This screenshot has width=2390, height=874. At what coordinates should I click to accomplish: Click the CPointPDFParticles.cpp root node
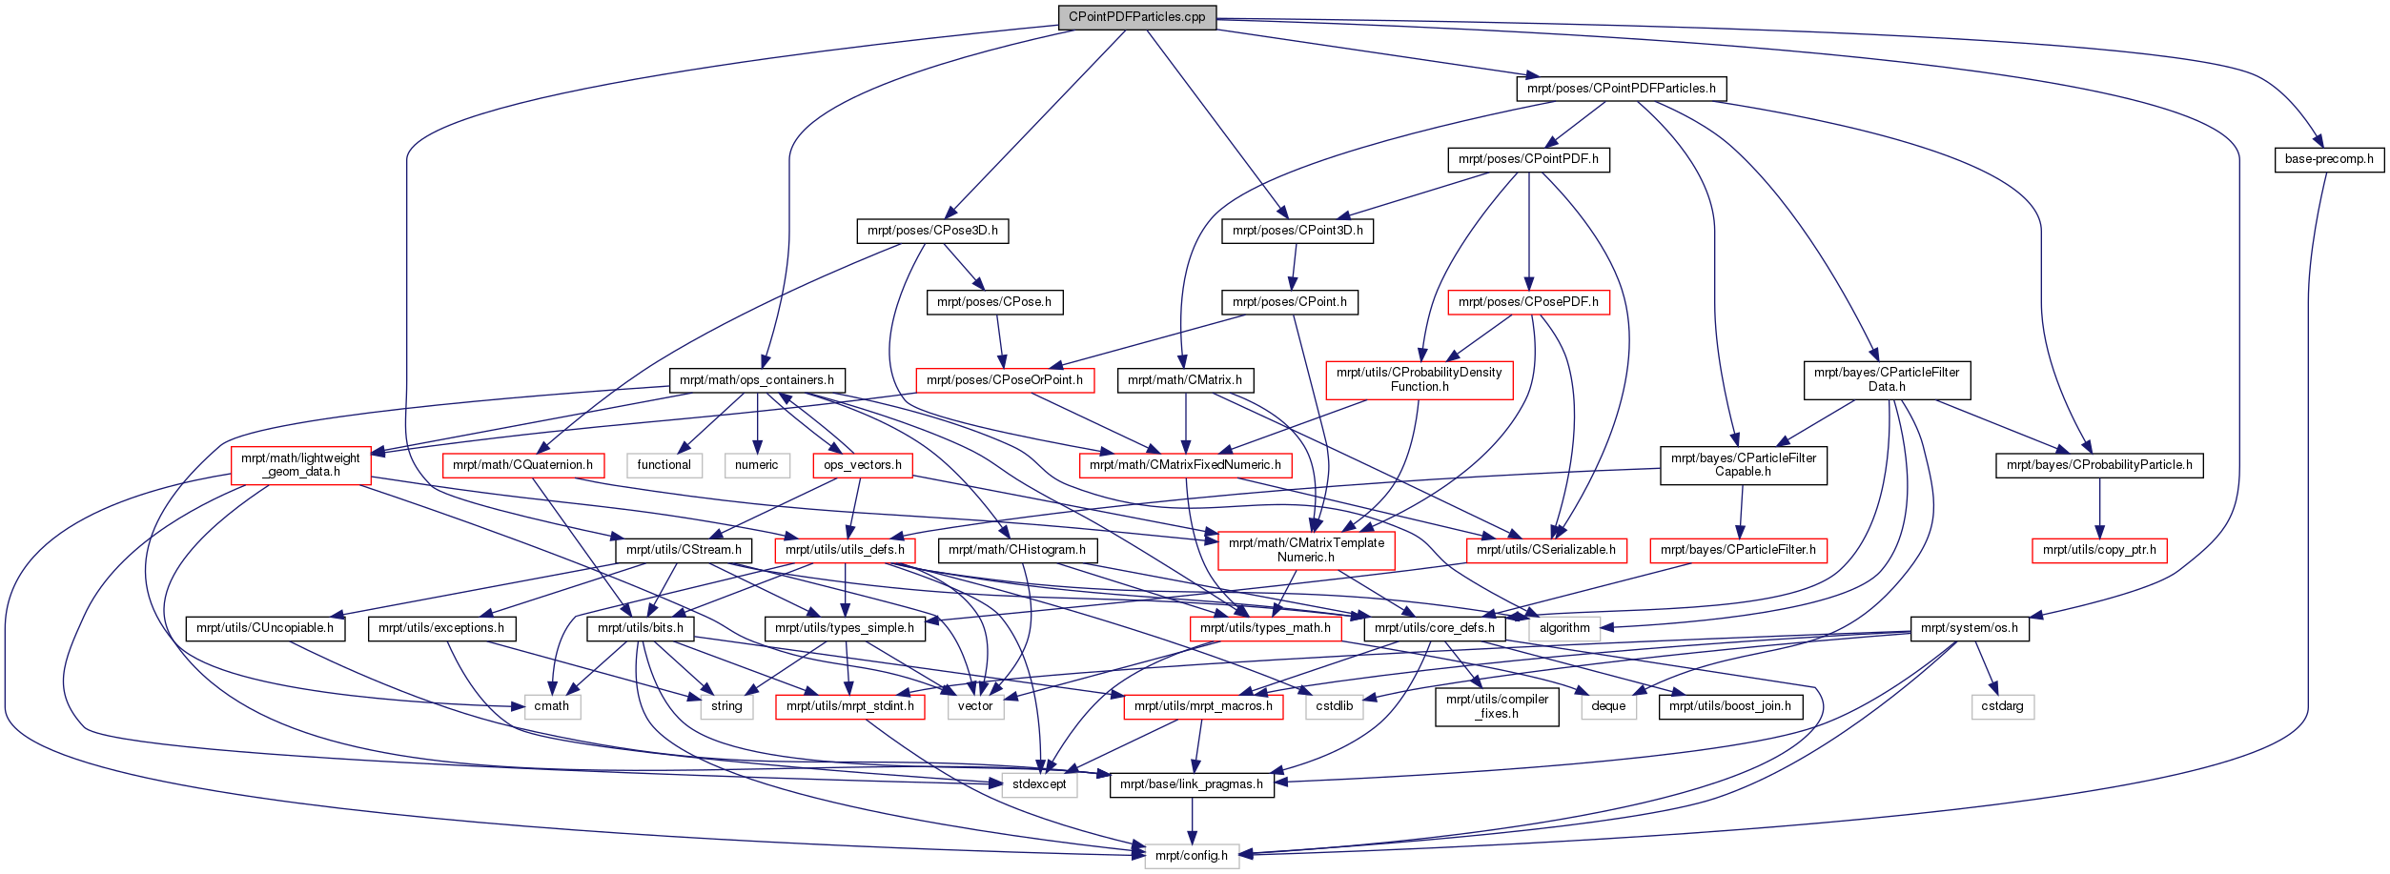1136,17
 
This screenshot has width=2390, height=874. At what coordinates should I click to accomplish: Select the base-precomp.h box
2329,159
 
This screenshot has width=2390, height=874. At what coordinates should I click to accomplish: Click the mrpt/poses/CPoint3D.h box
1297,231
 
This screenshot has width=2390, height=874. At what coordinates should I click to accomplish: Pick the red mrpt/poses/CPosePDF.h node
1528,302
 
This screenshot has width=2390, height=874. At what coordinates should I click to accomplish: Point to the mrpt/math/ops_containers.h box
757,380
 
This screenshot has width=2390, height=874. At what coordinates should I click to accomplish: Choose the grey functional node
664,465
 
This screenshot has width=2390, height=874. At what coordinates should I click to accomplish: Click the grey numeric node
757,465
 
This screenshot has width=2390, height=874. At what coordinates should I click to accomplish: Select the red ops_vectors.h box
863,465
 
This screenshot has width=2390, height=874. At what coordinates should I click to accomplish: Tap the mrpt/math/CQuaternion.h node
522,465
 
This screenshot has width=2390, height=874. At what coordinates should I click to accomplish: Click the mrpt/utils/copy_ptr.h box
2099,550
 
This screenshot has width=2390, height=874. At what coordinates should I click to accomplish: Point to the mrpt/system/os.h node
1970,628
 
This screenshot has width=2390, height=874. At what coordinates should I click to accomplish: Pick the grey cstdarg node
2002,706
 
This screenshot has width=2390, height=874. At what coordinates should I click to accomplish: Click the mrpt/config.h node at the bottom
1192,856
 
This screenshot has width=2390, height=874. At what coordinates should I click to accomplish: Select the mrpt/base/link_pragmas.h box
1192,784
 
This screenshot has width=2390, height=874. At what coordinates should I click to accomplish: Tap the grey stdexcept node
1039,784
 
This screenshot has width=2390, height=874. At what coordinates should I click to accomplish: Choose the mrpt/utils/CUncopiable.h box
265,628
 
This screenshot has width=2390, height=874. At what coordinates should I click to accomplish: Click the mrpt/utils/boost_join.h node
1730,706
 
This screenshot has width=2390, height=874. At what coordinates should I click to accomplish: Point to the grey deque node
1608,706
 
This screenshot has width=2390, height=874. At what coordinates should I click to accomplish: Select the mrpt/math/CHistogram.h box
1017,550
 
